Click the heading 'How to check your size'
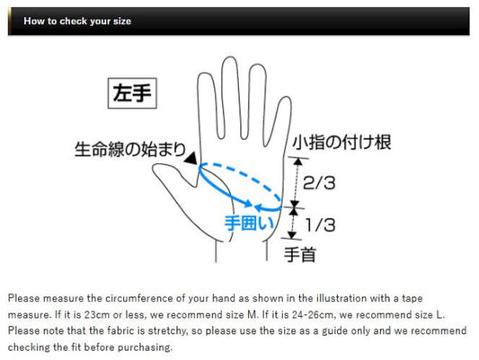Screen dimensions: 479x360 (x=77, y=21)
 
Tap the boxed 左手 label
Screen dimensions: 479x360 (x=132, y=93)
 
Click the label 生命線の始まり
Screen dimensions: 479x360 (x=130, y=150)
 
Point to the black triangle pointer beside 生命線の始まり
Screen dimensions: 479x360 (x=191, y=159)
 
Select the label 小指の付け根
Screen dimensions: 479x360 (x=342, y=142)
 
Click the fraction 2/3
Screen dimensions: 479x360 (x=319, y=183)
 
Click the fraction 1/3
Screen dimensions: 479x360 (x=320, y=225)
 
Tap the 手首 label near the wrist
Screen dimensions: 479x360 (x=300, y=255)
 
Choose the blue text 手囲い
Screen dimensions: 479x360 (x=249, y=223)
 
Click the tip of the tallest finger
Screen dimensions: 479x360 (x=230, y=57)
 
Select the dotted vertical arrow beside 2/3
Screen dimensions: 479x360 (x=296, y=183)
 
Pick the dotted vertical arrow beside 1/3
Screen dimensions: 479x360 (x=293, y=224)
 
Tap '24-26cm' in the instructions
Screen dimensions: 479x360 (x=312, y=314)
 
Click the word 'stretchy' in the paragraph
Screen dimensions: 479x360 (x=169, y=331)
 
